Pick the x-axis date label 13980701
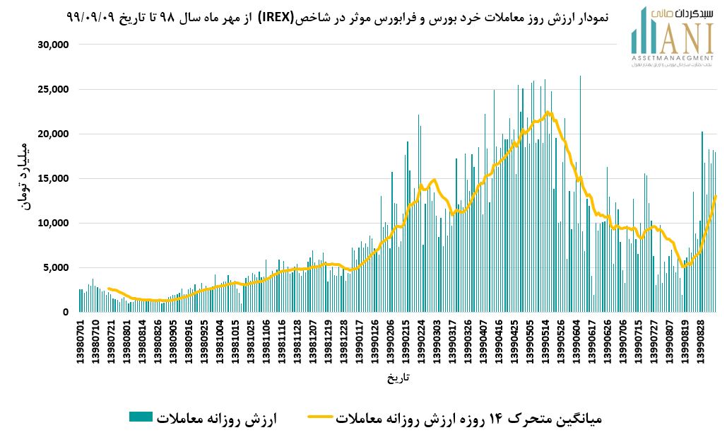[81, 342]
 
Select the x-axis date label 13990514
[548, 342]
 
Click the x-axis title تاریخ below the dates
[398, 378]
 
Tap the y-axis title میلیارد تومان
[23, 178]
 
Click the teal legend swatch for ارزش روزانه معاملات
[141, 417]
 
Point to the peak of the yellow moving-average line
[548, 112]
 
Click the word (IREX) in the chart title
[280, 16]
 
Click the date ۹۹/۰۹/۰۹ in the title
[93, 16]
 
